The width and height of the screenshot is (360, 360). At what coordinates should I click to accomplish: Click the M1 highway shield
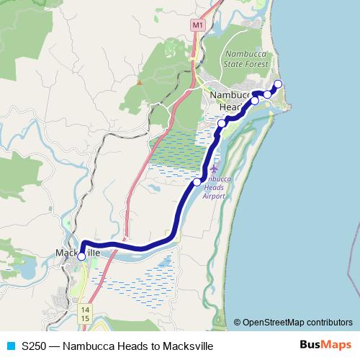pyautogui.click(x=197, y=24)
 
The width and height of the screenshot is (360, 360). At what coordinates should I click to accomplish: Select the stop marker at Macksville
pyautogui.click(x=81, y=256)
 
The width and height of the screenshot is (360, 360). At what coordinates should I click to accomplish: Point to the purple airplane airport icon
pyautogui.click(x=214, y=168)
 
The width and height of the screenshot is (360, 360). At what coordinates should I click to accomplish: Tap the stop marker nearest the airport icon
pyautogui.click(x=197, y=182)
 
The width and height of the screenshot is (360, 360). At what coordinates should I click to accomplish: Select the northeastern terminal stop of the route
pyautogui.click(x=278, y=84)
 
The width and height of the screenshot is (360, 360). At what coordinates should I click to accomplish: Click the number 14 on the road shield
pyautogui.click(x=85, y=309)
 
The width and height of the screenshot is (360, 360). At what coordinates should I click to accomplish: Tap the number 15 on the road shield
pyautogui.click(x=85, y=318)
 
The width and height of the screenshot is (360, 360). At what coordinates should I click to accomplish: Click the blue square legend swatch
pyautogui.click(x=10, y=346)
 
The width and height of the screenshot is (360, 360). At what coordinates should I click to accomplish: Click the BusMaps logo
pyautogui.click(x=325, y=345)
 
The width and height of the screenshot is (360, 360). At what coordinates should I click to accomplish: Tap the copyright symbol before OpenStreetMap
pyautogui.click(x=237, y=323)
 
